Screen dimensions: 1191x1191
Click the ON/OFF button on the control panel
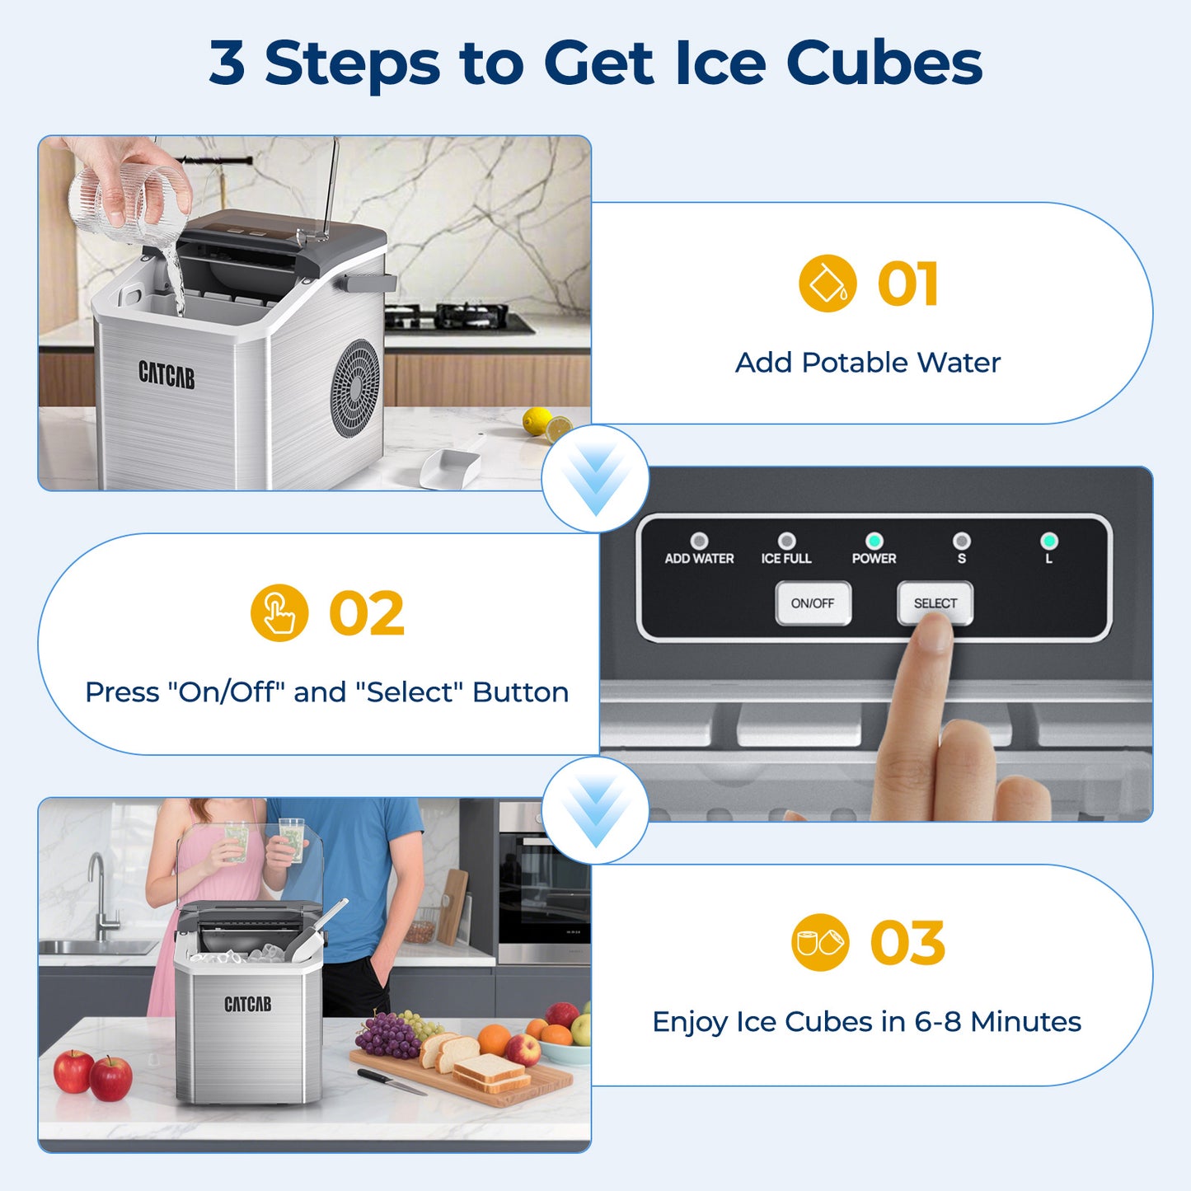(813, 603)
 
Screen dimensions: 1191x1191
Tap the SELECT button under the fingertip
(935, 603)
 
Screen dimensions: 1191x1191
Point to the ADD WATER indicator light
(699, 541)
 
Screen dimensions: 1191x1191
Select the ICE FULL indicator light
(786, 541)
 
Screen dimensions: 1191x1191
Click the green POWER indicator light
(874, 541)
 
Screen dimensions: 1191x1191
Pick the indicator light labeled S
(961, 541)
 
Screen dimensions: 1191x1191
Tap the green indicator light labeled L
(1048, 541)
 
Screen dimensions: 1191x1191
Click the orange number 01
(907, 284)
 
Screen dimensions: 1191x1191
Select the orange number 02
(367, 614)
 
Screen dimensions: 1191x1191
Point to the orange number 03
(907, 944)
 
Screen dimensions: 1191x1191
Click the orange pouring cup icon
(828, 284)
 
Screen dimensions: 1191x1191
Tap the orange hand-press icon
(279, 613)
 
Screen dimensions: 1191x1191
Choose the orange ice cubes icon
(819, 942)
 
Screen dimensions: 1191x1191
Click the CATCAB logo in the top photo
(166, 374)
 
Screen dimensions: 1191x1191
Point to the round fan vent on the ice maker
(356, 387)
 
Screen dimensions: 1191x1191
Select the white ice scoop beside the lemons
(451, 466)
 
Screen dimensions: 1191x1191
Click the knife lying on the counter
(392, 1081)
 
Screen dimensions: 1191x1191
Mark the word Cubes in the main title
(884, 63)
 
